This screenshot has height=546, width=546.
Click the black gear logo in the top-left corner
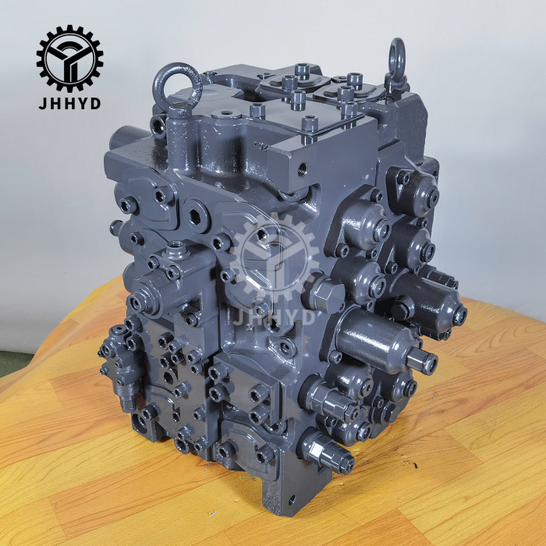(69, 58)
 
